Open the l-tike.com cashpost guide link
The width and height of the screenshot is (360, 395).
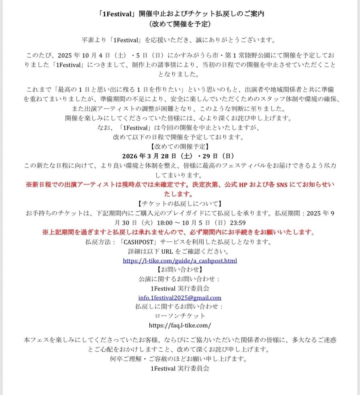coord(180,261)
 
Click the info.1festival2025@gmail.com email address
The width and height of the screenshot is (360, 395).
coord(180,298)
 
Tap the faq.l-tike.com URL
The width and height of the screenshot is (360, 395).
coord(180,325)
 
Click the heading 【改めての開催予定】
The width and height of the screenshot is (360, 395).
coord(180,147)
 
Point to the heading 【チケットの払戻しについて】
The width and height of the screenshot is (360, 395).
coord(180,204)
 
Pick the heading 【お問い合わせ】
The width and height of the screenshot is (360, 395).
coord(180,269)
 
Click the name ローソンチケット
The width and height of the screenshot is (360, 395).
coord(180,316)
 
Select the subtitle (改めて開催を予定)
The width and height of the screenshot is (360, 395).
coord(180,24)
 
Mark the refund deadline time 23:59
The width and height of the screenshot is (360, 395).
coord(238,223)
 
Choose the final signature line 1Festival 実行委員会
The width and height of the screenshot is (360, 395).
coord(180,368)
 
